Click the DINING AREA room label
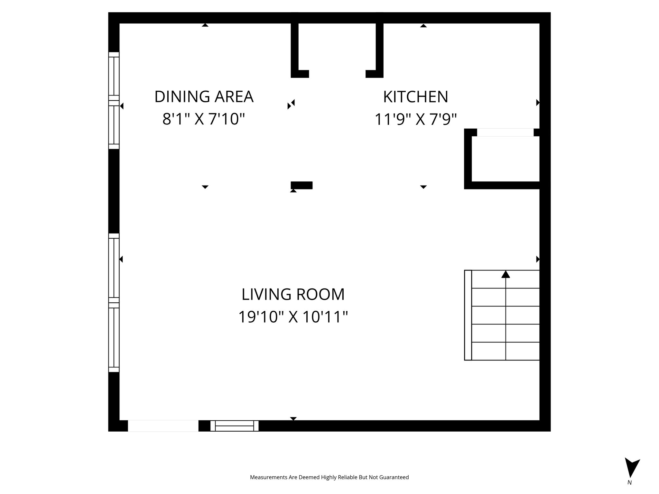pyautogui.click(x=204, y=97)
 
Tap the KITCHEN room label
pyautogui.click(x=415, y=97)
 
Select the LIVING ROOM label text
pyautogui.click(x=293, y=294)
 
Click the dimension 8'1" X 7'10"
pyautogui.click(x=204, y=119)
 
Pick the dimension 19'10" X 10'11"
pyautogui.click(x=293, y=317)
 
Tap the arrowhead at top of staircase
pyautogui.click(x=506, y=274)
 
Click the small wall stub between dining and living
pyautogui.click(x=302, y=185)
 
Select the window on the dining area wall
pyautogui.click(x=114, y=100)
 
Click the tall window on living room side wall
pyautogui.click(x=114, y=302)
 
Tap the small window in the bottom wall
pyautogui.click(x=234, y=425)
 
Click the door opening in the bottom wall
pyautogui.click(x=163, y=425)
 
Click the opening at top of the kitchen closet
pyautogui.click(x=505, y=133)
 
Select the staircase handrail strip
pyautogui.click(x=468, y=315)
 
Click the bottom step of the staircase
pyautogui.click(x=505, y=351)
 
